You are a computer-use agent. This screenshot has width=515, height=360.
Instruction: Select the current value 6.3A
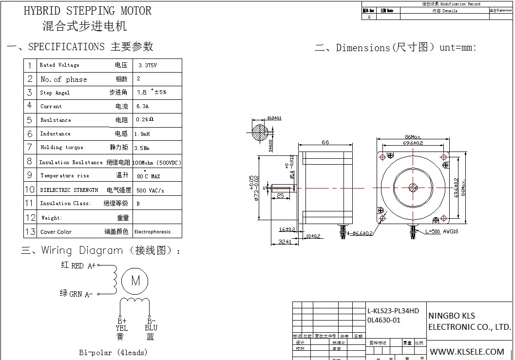click(x=142, y=106)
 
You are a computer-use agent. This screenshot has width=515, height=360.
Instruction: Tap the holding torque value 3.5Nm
click(x=142, y=148)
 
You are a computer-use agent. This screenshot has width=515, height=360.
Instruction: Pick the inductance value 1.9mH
click(x=142, y=134)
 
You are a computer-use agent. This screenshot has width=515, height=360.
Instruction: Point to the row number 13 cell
click(x=30, y=231)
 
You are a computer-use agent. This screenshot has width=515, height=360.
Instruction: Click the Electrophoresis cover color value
click(x=152, y=232)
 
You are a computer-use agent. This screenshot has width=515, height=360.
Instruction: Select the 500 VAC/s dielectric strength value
click(x=150, y=190)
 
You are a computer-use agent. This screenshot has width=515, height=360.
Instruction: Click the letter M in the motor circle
click(x=135, y=281)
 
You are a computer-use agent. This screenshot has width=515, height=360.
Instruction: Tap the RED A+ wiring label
click(x=78, y=265)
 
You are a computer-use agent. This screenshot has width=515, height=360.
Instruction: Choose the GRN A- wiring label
click(x=76, y=294)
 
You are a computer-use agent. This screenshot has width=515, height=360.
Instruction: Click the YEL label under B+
click(x=121, y=328)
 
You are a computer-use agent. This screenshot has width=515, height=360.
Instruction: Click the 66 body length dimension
click(x=325, y=142)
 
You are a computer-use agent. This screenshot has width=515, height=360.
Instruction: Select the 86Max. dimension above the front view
click(x=413, y=137)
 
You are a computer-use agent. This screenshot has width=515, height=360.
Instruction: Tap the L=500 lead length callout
click(x=432, y=232)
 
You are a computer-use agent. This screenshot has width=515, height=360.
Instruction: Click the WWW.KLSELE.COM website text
click(x=467, y=351)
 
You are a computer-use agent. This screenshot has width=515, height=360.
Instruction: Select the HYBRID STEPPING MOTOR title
click(x=87, y=11)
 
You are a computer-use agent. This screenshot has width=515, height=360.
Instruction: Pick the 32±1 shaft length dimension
click(x=285, y=242)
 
